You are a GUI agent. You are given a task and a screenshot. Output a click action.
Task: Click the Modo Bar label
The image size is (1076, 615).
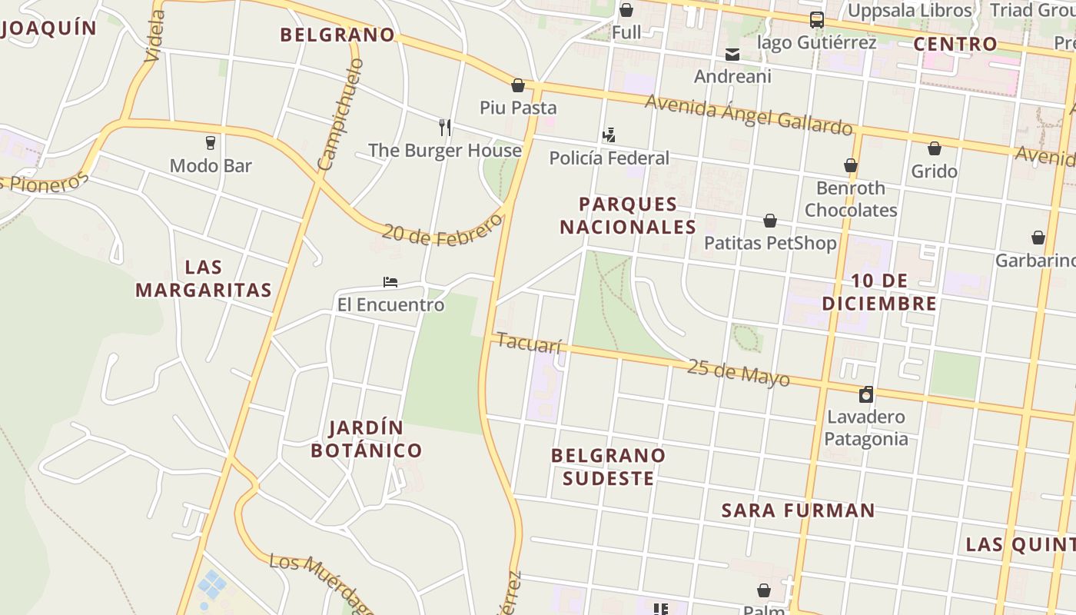click(211, 165)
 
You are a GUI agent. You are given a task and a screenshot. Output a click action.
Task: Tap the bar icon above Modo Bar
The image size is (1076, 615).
click(210, 142)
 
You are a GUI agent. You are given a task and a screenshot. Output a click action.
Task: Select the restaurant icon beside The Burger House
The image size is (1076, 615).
click(445, 127)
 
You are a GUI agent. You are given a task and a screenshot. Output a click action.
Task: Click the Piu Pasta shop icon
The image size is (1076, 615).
click(518, 85)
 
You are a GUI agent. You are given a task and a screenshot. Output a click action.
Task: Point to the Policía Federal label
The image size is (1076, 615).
click(609, 158)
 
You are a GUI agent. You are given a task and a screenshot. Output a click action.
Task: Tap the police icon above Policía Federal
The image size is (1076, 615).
click(609, 135)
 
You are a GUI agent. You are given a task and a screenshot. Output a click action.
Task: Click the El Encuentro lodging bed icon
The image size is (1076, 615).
click(390, 282)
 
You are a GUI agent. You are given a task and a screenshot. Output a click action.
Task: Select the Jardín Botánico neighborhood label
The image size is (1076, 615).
click(367, 439)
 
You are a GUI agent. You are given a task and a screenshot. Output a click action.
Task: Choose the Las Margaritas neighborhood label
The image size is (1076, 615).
click(204, 278)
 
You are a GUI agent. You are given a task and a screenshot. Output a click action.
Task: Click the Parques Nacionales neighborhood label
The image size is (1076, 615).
click(628, 215)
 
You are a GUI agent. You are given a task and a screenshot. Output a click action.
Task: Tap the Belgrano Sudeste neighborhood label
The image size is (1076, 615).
click(608, 467)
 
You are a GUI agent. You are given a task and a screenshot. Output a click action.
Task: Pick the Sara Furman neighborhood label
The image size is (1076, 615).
click(799, 510)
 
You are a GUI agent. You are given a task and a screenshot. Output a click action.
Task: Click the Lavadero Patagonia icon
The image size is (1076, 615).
click(866, 394)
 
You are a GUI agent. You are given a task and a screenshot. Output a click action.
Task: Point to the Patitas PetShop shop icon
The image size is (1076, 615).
click(770, 221)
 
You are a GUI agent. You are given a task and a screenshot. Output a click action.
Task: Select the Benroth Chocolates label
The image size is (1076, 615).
click(851, 199)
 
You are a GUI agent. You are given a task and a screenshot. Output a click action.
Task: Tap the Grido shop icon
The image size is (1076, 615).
click(935, 148)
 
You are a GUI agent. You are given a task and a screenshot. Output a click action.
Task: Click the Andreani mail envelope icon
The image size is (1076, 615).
click(732, 54)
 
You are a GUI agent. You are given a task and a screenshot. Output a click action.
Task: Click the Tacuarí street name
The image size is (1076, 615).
click(530, 342)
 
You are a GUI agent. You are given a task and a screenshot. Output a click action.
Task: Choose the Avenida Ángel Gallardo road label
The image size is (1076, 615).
click(749, 114)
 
